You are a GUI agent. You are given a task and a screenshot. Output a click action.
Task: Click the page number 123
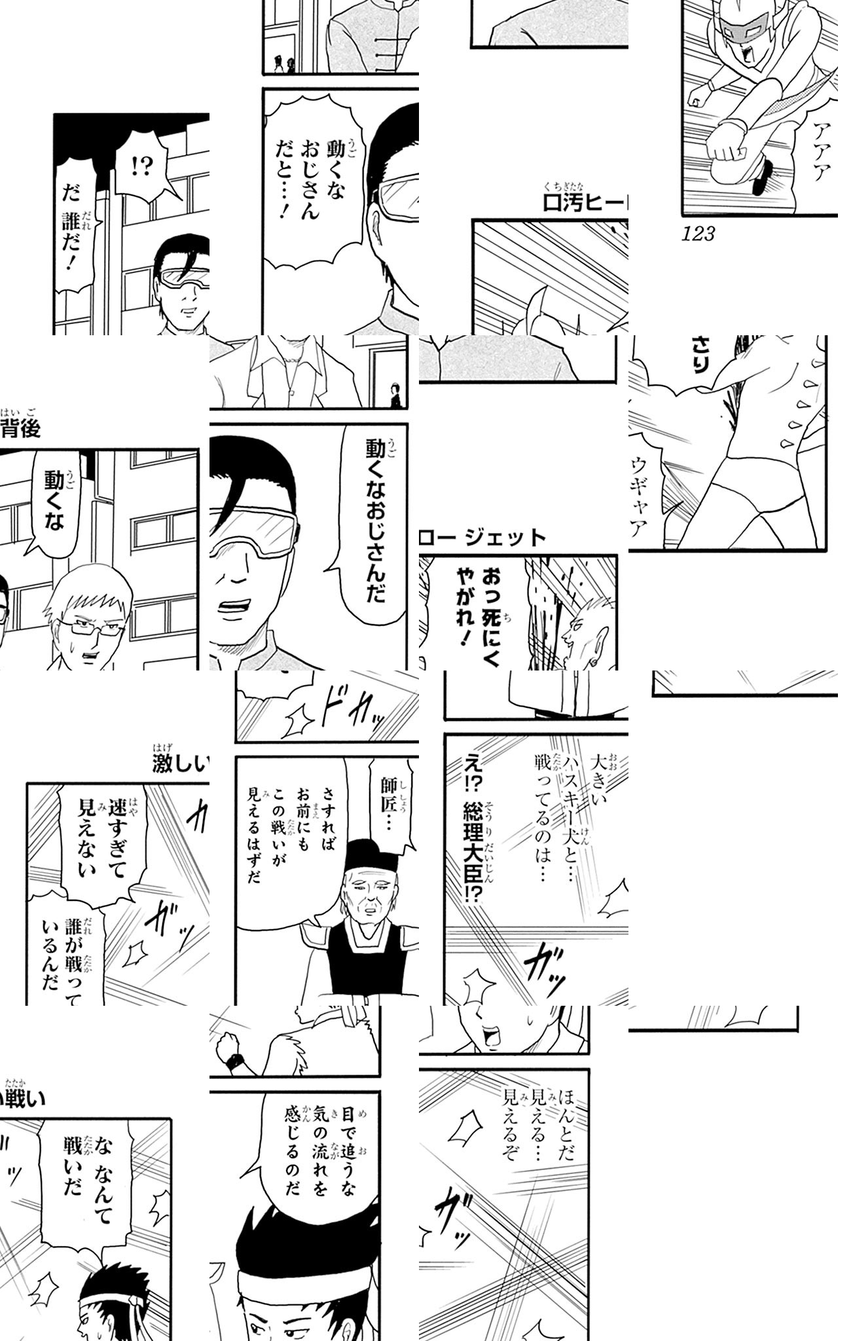pyautogui.click(x=698, y=234)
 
